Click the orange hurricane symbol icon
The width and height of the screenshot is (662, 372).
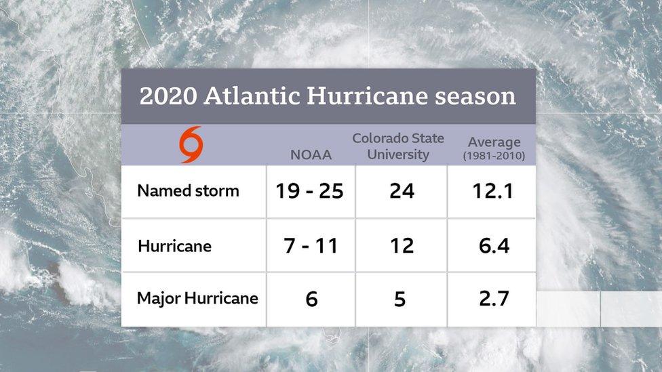coord(191,145)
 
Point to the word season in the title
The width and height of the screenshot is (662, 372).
coord(475,96)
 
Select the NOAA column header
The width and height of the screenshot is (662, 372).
coord(311,155)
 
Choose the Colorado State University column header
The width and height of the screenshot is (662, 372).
coord(398,146)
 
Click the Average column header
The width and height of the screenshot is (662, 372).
coord(494,142)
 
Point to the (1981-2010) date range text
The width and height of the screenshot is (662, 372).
coord(494,157)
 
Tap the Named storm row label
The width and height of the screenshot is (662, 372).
coord(188,191)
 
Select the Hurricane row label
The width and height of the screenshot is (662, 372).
coord(174,246)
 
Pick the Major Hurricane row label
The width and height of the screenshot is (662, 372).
coord(197,299)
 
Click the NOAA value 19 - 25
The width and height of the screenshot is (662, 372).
coord(309,191)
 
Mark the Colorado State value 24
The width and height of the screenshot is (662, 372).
coord(402,191)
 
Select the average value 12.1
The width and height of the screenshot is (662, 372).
coord(494,191)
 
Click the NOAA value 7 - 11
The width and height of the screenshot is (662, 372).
coord(311,246)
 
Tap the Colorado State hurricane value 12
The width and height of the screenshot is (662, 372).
coord(402,246)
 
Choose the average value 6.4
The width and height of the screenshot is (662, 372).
coord(494,246)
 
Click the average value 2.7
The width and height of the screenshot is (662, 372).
coord(494,299)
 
